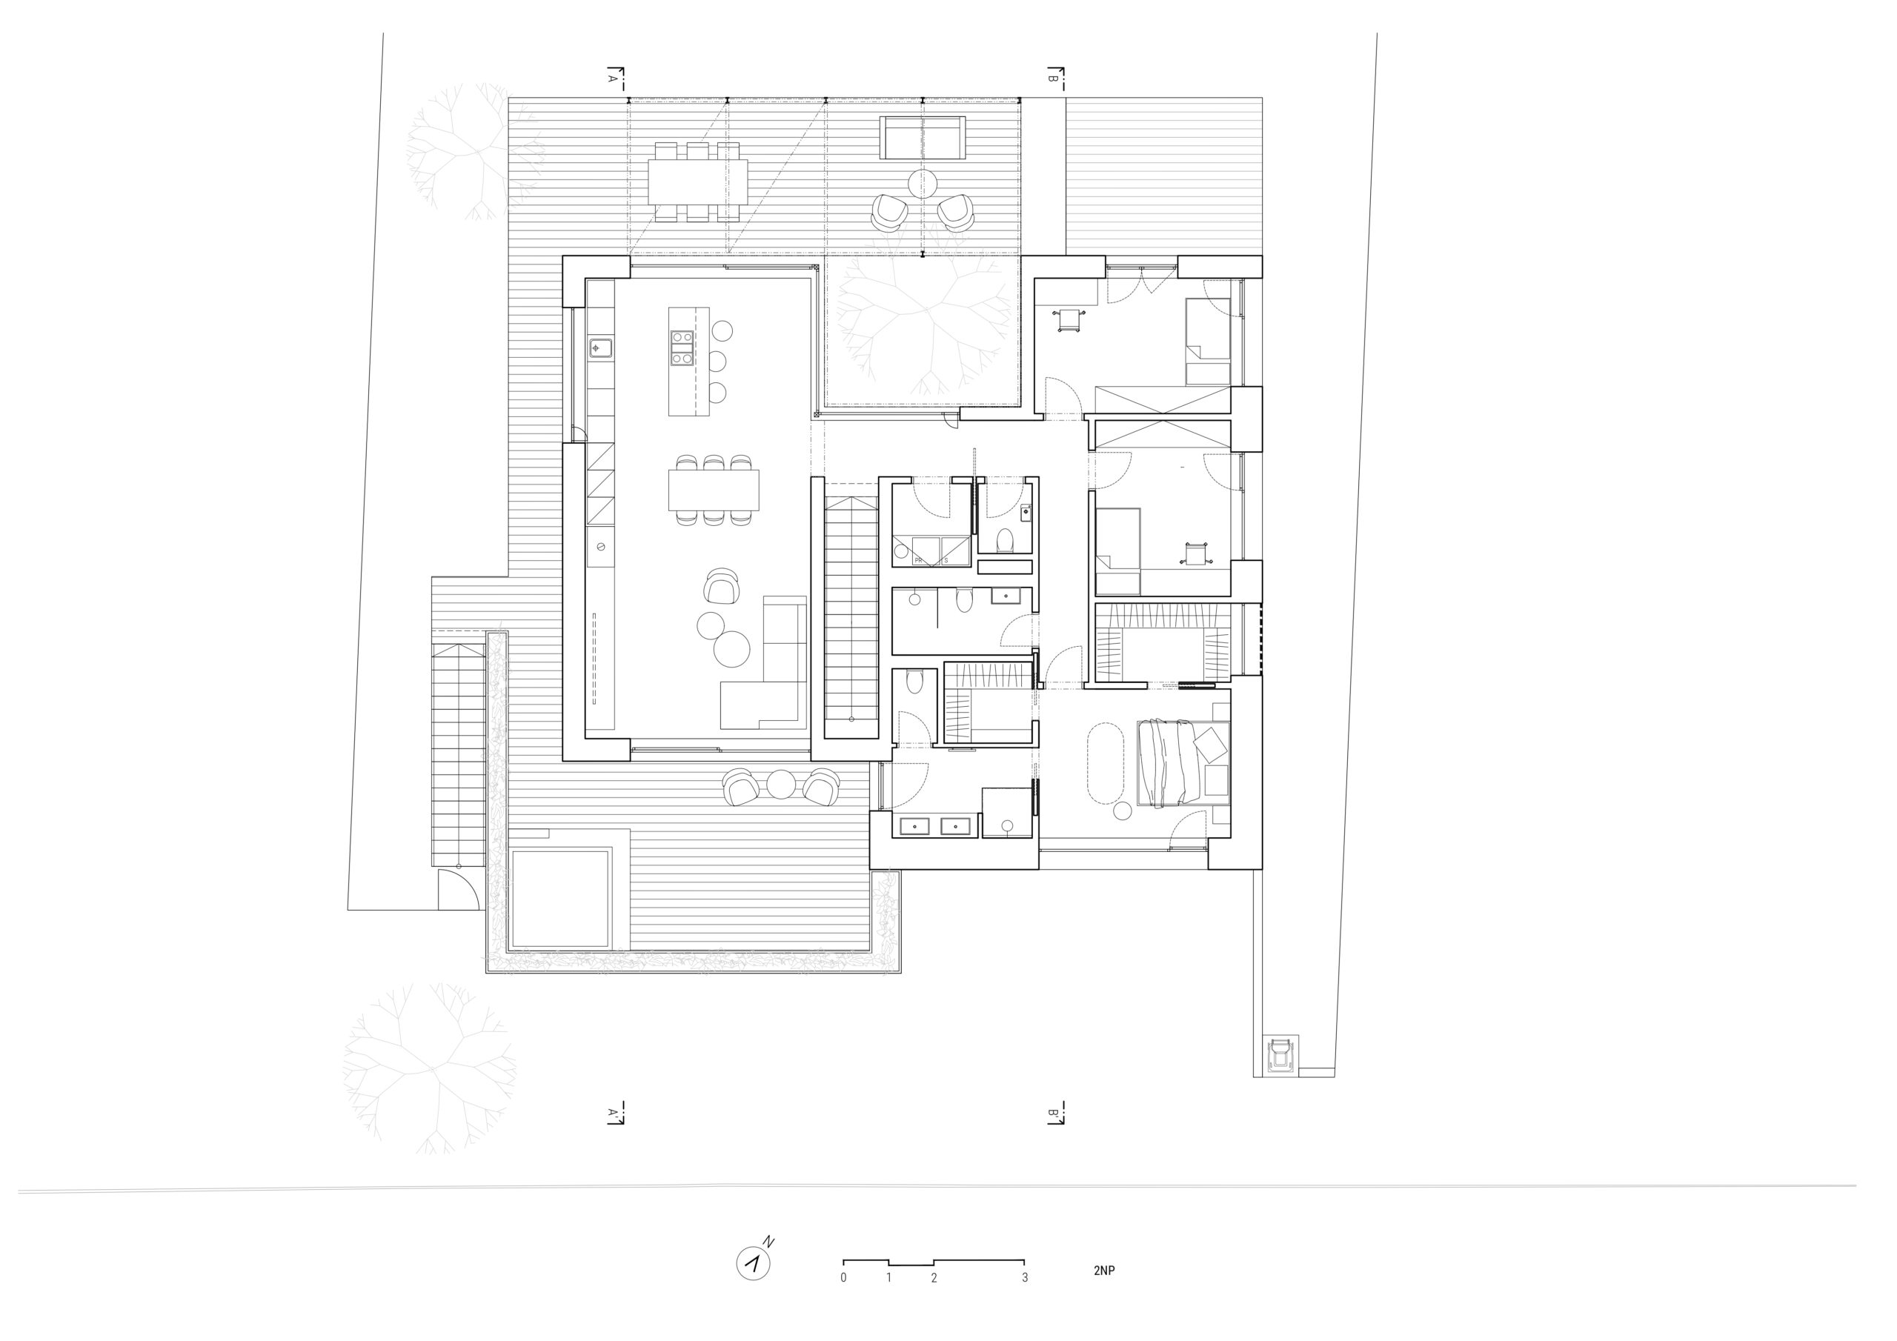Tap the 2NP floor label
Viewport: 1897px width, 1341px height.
(1104, 1271)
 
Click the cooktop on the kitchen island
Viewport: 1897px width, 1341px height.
(682, 348)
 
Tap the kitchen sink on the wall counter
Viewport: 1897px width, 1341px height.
(601, 348)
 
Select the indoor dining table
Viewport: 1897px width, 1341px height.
(714, 490)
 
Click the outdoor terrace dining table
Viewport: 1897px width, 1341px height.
(697, 182)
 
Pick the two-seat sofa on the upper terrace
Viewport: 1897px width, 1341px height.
(923, 138)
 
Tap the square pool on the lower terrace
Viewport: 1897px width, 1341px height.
(560, 898)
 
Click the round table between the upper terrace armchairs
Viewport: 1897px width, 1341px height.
(922, 184)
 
